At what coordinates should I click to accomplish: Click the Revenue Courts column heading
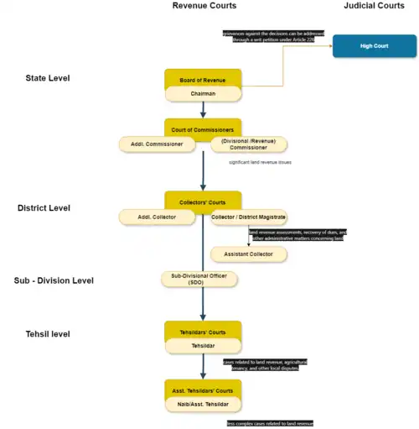point(204,6)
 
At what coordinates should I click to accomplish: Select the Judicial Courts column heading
point(374,6)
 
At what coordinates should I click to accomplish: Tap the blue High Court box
point(373,46)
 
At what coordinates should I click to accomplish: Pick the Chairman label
point(204,94)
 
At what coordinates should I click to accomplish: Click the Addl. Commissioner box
point(157,144)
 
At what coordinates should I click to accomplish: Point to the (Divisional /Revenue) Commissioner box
point(248,144)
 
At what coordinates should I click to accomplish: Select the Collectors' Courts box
point(204,202)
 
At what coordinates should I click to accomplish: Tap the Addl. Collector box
point(157,217)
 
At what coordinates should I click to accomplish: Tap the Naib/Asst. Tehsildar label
point(204,404)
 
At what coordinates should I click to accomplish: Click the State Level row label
point(48,78)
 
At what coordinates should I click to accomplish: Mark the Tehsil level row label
point(48,334)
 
